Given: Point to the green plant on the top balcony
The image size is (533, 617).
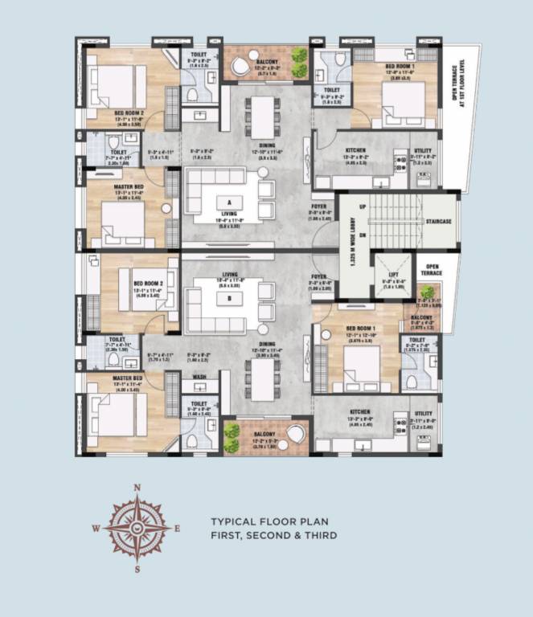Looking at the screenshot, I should coord(299,56).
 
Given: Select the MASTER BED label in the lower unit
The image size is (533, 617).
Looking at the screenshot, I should coord(127,378).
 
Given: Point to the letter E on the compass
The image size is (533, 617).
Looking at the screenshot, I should coord(176,529).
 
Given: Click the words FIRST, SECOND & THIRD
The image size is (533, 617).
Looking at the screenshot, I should coord(273,535).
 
